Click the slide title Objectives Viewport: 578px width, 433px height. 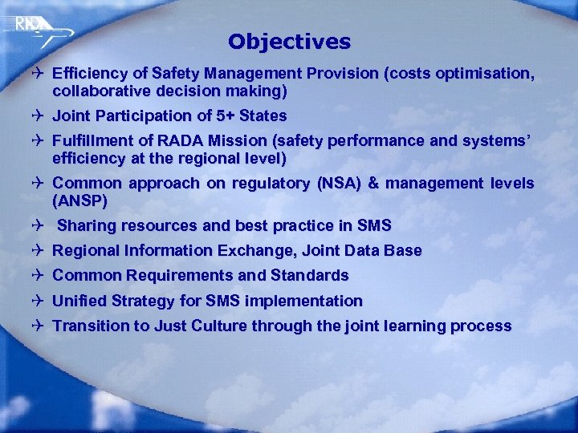point(289,42)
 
